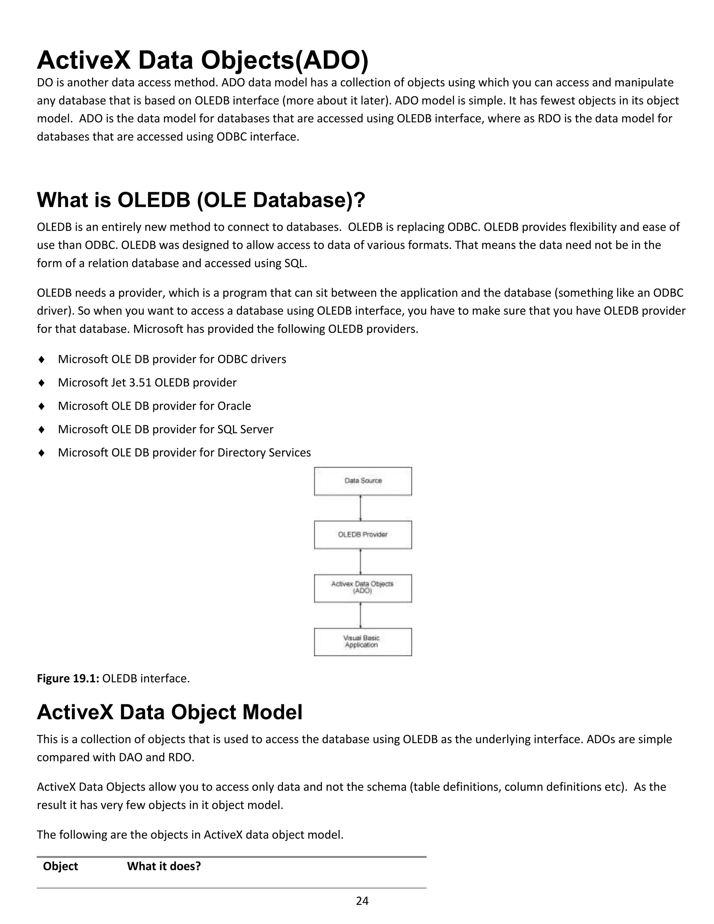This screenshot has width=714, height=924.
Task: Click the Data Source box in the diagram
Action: point(363,481)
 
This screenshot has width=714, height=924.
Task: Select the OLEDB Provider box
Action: point(363,535)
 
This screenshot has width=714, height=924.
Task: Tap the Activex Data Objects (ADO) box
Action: point(363,588)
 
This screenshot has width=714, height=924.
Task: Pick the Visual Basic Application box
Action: point(363,642)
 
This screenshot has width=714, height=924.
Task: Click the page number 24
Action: point(362,901)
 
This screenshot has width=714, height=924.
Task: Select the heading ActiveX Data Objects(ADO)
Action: point(203,60)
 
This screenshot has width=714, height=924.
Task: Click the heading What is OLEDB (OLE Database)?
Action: point(200,200)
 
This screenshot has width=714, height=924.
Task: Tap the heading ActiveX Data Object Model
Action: point(170,712)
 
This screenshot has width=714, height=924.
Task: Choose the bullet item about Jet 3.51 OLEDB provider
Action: point(147,383)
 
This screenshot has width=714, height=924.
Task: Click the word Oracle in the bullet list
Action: point(234,406)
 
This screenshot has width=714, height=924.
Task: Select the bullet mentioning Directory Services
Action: point(184,453)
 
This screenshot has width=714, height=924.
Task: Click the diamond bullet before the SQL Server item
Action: point(41,430)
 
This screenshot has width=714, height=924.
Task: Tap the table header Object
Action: point(60,866)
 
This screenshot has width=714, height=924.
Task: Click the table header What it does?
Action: point(164,866)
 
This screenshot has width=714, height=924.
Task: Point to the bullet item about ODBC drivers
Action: point(172,359)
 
